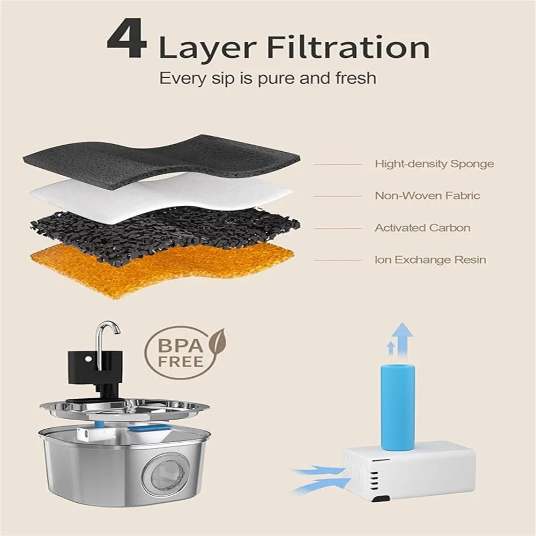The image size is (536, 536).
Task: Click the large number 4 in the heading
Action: pos(127,39)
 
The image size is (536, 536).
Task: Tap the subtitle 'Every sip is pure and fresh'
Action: pos(267,78)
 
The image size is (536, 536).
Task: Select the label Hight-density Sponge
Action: pos(435,164)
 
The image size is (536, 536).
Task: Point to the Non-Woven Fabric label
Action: pos(427,196)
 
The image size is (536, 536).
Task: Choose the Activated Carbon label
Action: pos(422,228)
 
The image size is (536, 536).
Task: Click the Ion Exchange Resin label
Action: pos(430,260)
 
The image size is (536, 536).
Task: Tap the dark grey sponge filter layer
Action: pos(161,161)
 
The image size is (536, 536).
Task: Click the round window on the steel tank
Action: pos(166,473)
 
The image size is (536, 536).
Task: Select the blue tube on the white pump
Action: pos(398,407)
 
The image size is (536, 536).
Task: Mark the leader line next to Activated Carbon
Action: pos(338,228)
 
